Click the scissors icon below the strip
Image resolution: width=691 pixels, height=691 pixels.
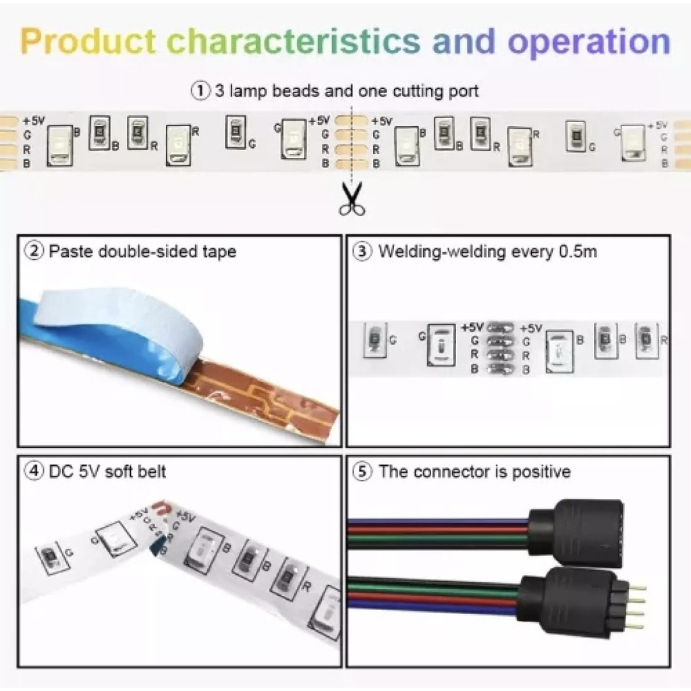click(x=352, y=199)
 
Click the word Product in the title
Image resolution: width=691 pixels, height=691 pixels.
click(x=88, y=42)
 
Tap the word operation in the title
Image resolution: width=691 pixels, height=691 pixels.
click(x=589, y=42)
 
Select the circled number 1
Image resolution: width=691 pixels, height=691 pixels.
click(x=201, y=91)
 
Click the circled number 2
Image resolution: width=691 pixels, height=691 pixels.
click(x=34, y=252)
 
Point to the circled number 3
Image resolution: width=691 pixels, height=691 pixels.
click(x=363, y=252)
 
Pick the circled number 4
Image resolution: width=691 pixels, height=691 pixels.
click(x=34, y=470)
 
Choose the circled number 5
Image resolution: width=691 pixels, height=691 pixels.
click(x=363, y=471)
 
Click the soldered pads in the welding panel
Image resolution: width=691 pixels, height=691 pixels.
click(x=499, y=348)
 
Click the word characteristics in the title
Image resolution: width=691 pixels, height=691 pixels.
click(x=294, y=42)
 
